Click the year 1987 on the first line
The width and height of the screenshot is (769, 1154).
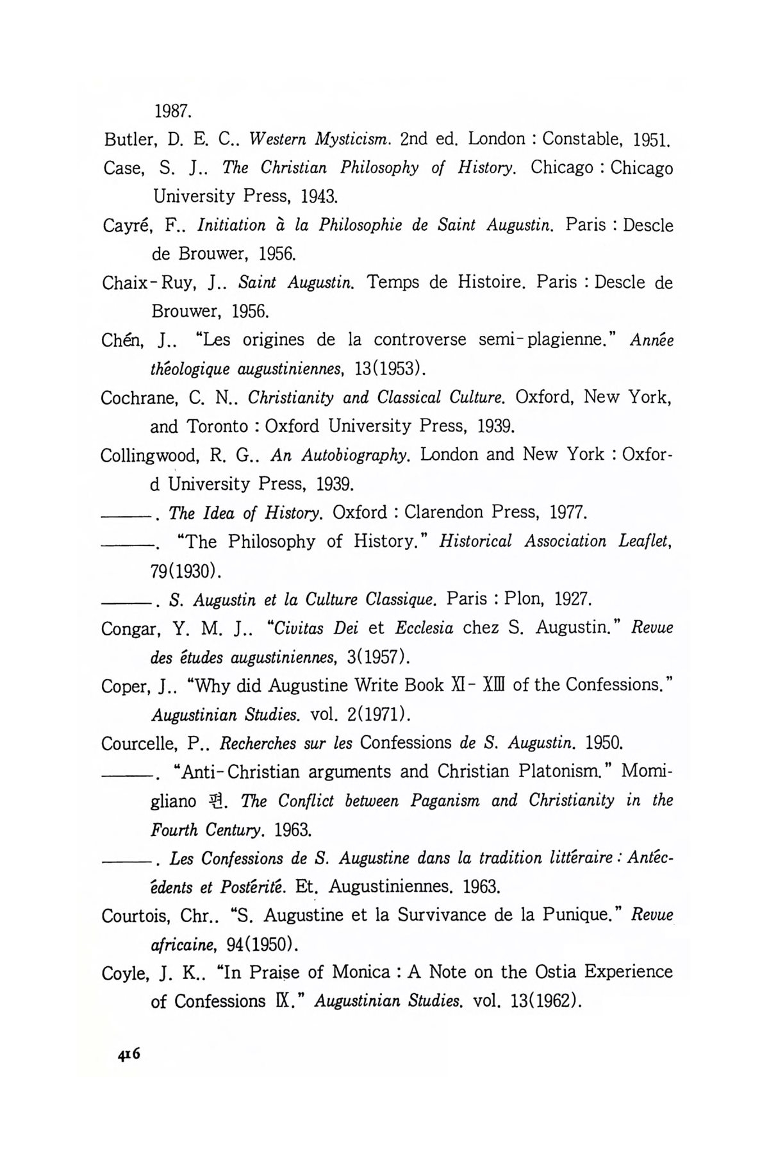point(172,111)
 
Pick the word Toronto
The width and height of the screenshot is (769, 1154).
point(217,426)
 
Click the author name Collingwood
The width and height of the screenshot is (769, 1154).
point(149,455)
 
